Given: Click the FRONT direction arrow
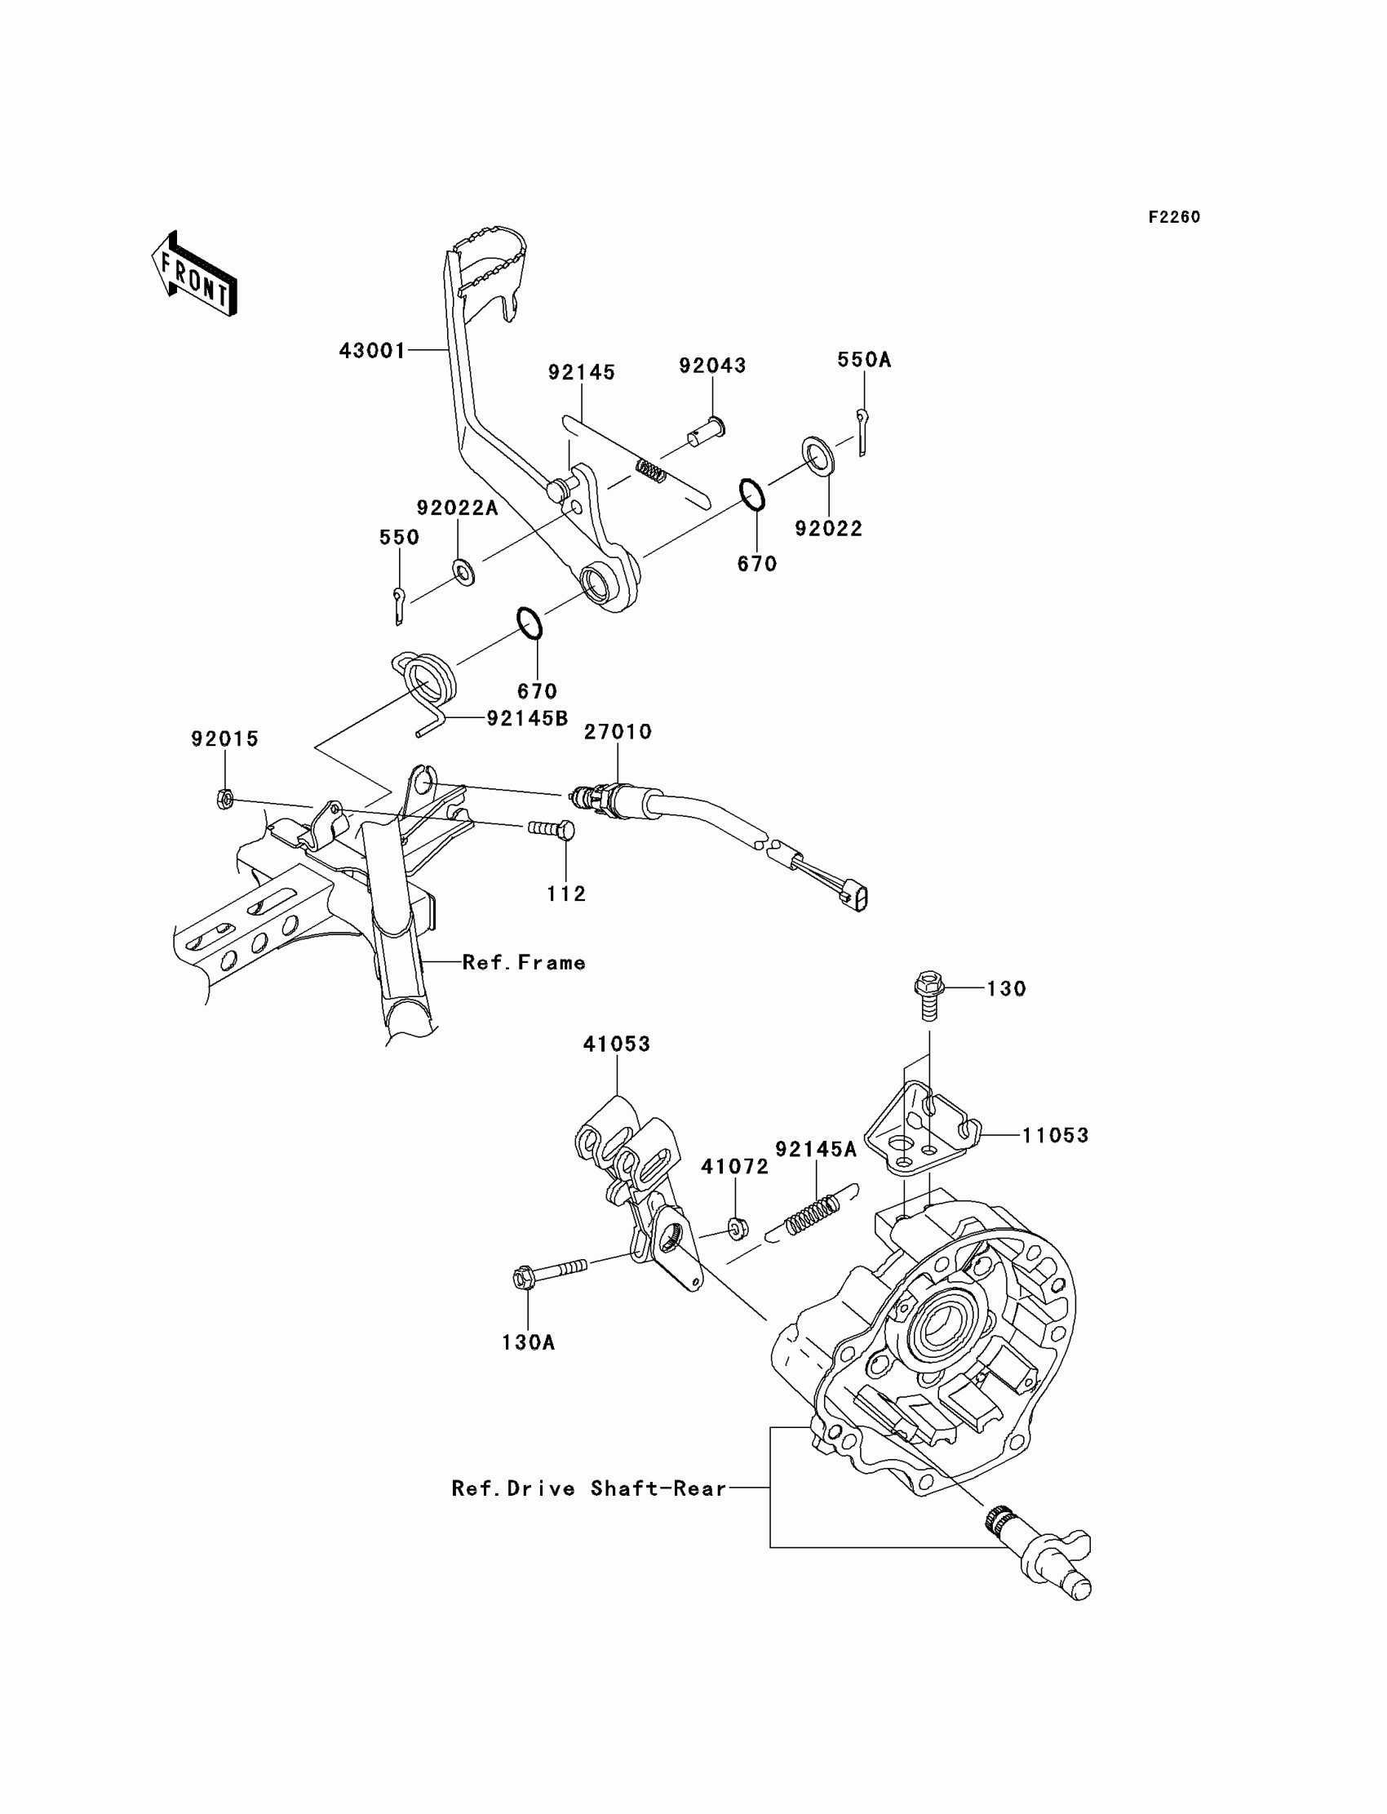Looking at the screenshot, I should (x=194, y=275).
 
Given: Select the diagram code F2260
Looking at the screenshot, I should (x=1174, y=217).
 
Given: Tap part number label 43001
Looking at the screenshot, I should (x=372, y=351).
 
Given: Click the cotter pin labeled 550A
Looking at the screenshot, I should (x=861, y=430).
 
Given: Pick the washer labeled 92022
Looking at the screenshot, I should (x=818, y=455).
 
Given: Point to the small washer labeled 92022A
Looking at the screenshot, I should (x=463, y=570).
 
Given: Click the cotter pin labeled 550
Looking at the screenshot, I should (x=399, y=605).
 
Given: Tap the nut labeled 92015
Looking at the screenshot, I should (x=224, y=798).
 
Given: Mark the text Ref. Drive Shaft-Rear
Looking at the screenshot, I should (x=588, y=1488).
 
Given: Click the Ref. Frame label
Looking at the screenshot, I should (x=524, y=963).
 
